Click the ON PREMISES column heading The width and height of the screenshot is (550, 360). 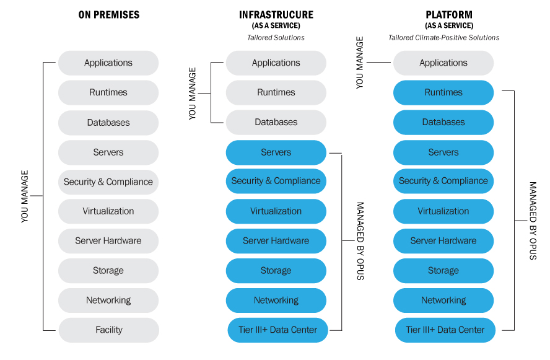click(x=108, y=14)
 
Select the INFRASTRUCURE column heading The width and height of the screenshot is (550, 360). click(x=276, y=14)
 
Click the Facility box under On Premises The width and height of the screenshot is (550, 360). click(x=108, y=330)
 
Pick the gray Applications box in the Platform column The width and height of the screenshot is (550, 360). click(x=443, y=63)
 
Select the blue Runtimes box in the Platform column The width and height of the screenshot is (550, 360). click(x=443, y=92)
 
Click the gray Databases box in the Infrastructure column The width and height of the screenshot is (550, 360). click(x=276, y=122)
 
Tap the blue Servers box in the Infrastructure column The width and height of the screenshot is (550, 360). click(x=276, y=152)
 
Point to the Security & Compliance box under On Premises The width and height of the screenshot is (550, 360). click(x=108, y=182)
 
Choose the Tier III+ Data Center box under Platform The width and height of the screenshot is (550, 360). click(x=445, y=330)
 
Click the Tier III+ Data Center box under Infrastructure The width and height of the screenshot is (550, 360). click(x=277, y=330)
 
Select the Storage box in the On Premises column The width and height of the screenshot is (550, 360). click(x=108, y=270)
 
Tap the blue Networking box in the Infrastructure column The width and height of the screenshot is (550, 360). click(x=276, y=300)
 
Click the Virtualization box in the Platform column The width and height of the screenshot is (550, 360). click(x=443, y=211)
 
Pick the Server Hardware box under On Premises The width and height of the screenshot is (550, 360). click(x=108, y=240)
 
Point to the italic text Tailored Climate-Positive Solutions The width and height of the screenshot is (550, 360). click(x=443, y=38)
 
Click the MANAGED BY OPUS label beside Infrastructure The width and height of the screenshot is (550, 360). click(x=360, y=240)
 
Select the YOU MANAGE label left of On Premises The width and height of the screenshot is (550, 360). click(x=25, y=196)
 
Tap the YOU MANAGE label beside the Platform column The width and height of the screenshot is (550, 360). click(x=360, y=63)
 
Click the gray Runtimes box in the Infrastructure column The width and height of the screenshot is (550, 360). click(x=276, y=92)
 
